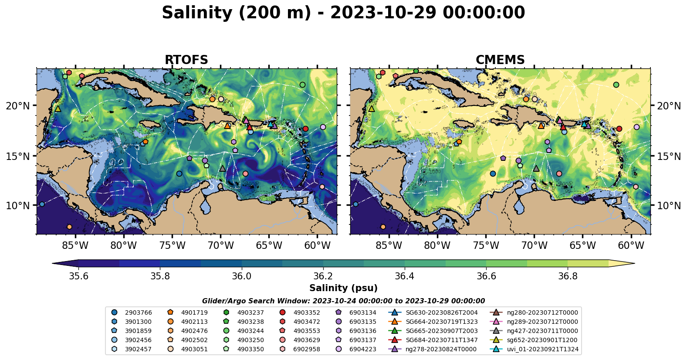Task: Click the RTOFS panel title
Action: pos(186,60)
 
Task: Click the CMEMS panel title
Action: pos(500,60)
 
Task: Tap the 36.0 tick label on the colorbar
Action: pos(241,276)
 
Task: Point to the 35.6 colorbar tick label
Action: pos(78,276)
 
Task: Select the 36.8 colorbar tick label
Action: pos(568,276)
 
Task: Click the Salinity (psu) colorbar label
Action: pos(343,288)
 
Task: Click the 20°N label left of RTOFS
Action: pos(18,106)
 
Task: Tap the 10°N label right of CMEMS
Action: pos(669,205)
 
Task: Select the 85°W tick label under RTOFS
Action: pos(75,245)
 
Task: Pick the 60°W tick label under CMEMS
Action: pos(631,245)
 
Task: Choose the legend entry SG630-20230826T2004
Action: pos(441,312)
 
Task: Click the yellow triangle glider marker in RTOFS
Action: pos(58,109)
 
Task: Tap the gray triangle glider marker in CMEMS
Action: pos(536,168)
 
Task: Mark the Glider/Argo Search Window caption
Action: pos(343,301)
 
